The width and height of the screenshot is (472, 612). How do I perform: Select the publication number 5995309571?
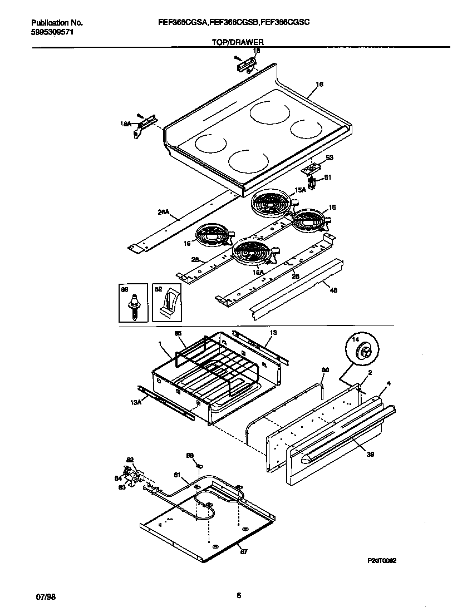52,32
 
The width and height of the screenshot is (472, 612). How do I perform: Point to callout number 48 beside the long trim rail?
333,290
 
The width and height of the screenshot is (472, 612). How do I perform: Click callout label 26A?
163,212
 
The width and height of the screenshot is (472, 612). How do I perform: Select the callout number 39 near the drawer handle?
370,455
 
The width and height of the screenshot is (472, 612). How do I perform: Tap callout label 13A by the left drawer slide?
136,403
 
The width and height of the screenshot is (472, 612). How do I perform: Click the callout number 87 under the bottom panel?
243,551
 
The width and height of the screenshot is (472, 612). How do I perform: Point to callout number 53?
329,159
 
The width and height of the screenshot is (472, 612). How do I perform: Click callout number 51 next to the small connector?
327,178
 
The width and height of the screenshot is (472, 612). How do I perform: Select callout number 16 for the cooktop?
319,85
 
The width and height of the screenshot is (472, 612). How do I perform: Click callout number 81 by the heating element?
177,475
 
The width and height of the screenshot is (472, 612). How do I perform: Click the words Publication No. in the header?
57,23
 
